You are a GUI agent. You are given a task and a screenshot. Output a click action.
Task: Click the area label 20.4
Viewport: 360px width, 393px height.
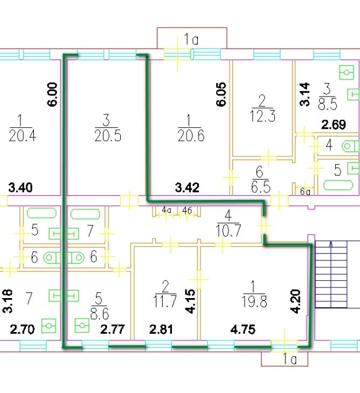pos(20,135)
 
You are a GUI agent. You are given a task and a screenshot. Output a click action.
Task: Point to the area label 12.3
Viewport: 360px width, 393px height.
pos(263,115)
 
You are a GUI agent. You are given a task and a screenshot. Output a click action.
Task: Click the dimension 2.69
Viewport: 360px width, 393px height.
pos(334,126)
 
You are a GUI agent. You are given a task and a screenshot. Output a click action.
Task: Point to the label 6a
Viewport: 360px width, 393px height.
pos(306,190)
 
